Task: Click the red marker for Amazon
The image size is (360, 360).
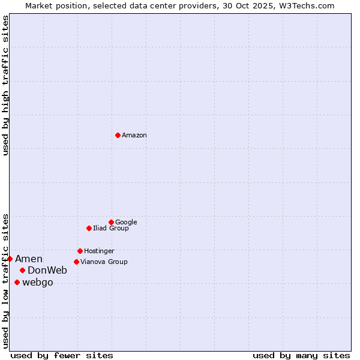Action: point(118,135)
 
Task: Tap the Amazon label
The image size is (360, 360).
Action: point(134,136)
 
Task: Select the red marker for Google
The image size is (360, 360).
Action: point(111,222)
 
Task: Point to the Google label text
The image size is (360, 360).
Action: point(126,223)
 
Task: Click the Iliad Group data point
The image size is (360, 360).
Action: point(89,228)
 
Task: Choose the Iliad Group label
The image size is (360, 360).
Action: point(111,229)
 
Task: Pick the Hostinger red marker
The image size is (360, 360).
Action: point(80,251)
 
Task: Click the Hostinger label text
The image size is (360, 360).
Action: point(99,251)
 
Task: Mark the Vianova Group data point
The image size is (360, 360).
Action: point(76,262)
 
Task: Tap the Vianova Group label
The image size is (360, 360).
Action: point(104,262)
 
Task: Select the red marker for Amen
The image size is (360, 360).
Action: point(10,259)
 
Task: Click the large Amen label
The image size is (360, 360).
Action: point(29,259)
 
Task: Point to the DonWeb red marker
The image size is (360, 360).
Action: point(22,270)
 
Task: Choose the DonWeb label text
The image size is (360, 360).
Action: point(47,271)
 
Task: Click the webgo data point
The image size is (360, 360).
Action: point(17,282)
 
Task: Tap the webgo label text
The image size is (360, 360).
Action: point(38,283)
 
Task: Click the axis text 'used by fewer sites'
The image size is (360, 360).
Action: point(62,356)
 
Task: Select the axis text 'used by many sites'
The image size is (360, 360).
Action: point(301,356)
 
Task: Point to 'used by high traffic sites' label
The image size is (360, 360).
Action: point(6,86)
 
